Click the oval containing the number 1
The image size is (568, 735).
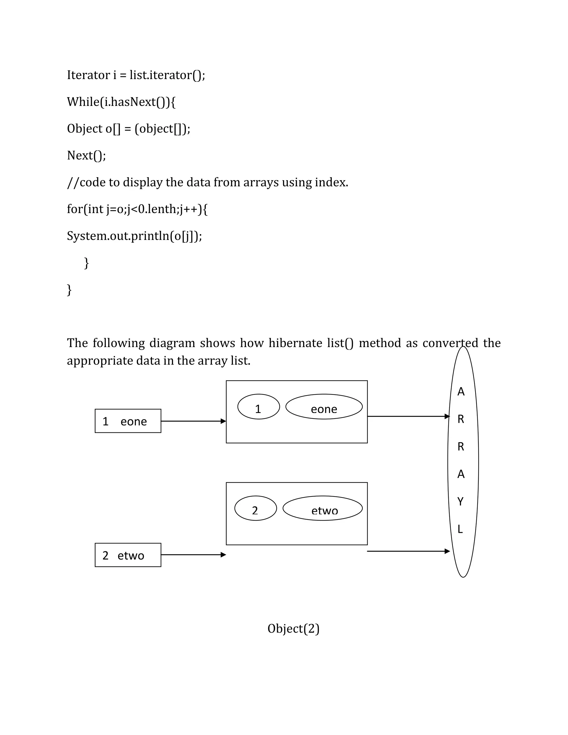[x=258, y=407]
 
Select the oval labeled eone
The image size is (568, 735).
[x=324, y=407]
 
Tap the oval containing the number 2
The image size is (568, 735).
[x=255, y=508]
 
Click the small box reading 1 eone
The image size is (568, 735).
[x=128, y=421]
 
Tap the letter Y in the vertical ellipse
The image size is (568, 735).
[x=461, y=502]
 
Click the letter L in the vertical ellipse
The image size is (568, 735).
[x=460, y=529]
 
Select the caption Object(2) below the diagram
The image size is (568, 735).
[x=293, y=629]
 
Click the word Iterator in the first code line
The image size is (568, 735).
[x=88, y=75]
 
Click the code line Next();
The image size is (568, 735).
[x=87, y=156]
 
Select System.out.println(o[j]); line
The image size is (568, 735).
[x=134, y=236]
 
